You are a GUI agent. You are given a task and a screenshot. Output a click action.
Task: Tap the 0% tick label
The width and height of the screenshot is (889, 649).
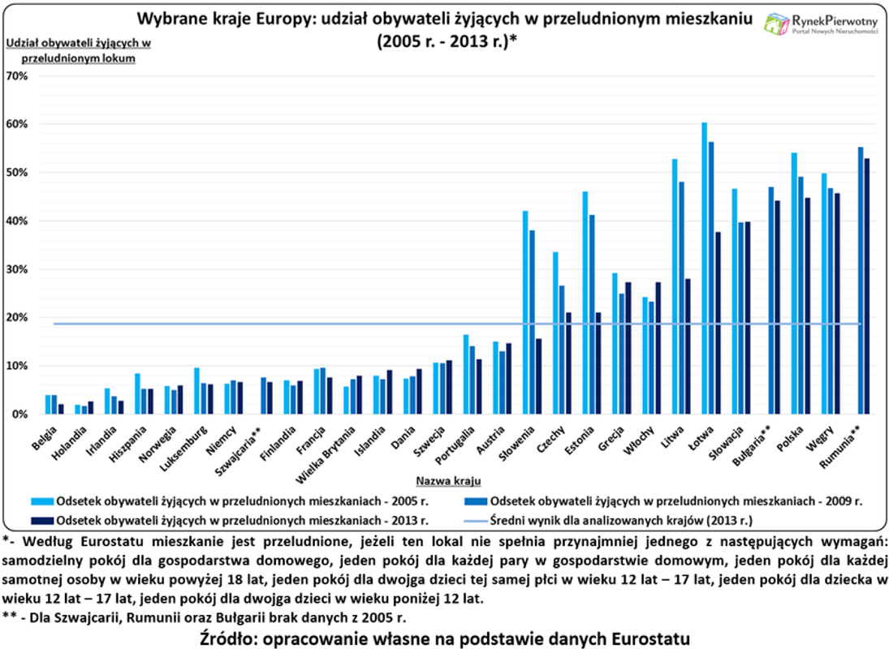(19, 415)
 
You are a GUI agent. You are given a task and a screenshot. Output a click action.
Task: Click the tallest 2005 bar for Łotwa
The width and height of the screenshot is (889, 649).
(704, 268)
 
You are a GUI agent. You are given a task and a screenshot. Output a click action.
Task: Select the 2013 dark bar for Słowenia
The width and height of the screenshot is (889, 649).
(537, 376)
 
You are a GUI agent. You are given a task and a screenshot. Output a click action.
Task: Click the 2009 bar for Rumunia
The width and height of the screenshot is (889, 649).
(860, 281)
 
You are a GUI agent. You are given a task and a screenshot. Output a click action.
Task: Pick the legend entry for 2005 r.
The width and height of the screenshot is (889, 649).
(235, 501)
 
